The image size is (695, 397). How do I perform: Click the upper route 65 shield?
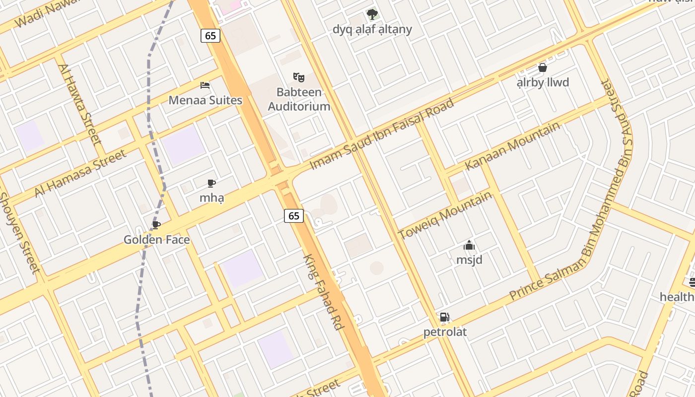coord(210,36)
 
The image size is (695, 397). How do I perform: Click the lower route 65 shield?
coord(294,215)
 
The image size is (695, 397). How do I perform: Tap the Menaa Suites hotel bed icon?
coord(205,85)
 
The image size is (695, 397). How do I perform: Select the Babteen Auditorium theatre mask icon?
coord(299,77)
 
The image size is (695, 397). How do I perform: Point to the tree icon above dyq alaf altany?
coord(372,14)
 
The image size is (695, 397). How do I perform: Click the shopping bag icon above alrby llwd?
coord(543,67)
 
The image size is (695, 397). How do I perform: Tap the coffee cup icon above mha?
coord(211,184)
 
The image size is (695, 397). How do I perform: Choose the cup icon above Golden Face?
coord(156,225)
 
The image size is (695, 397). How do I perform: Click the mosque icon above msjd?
coord(469,245)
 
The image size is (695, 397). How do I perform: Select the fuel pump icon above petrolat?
coord(445,317)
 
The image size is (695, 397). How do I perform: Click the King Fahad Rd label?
coord(324,292)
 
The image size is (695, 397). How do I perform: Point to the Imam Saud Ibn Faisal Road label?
coord(382,134)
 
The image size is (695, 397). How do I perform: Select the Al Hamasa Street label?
coord(80,173)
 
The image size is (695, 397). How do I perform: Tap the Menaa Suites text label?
coord(206,100)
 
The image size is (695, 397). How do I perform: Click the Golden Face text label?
coord(157,240)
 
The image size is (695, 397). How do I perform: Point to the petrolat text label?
coord(445,331)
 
